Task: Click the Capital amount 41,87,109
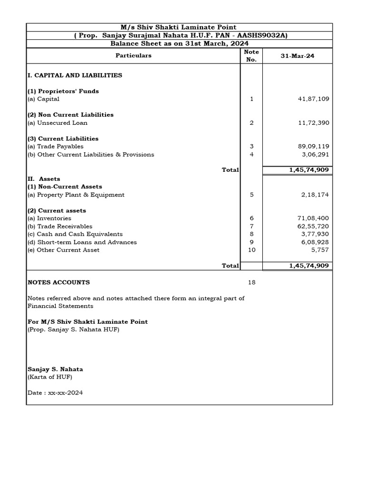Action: [x=312, y=99]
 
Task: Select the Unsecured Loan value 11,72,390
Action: [x=312, y=122]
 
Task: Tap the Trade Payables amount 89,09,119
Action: [x=312, y=147]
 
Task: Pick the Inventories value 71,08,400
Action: [x=312, y=218]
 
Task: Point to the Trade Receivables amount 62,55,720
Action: [x=312, y=226]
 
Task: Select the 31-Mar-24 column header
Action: [x=298, y=56]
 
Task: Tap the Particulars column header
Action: [x=134, y=56]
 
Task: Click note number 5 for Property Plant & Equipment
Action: [x=251, y=195]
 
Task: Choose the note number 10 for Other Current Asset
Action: [x=251, y=250]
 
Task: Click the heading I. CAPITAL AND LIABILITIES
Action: [x=75, y=75]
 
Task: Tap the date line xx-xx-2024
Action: [x=55, y=393]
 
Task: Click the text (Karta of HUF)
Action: [x=50, y=377]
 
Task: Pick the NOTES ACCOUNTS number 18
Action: [x=251, y=282]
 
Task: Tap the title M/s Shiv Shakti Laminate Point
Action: [x=179, y=28]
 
